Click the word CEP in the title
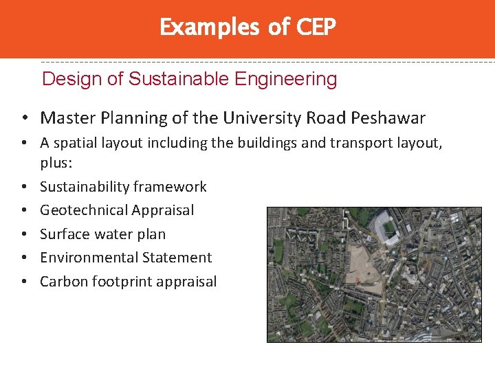316,27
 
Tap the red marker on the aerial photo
357,279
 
